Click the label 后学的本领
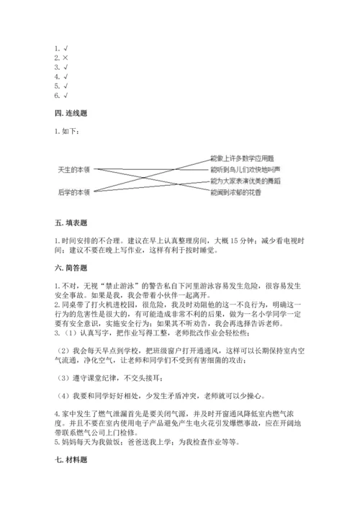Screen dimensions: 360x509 [73, 192]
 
